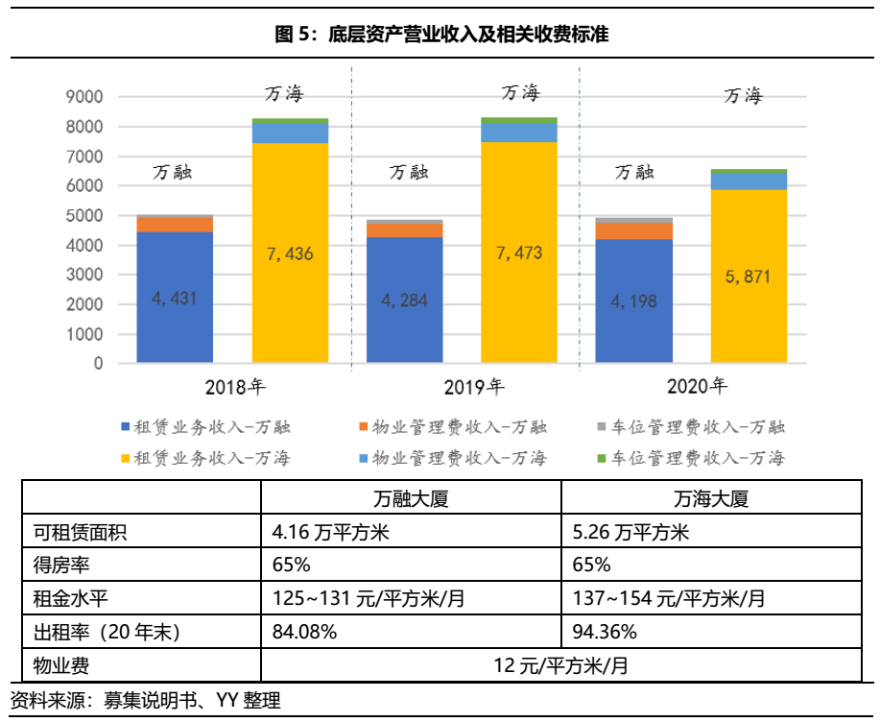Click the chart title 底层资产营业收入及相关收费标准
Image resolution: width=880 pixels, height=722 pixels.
pyautogui.click(x=440, y=36)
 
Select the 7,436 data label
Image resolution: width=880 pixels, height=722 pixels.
pyautogui.click(x=290, y=254)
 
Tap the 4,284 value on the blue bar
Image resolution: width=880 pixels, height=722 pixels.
pyautogui.click(x=404, y=301)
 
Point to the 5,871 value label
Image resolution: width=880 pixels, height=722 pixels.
pyautogui.click(x=748, y=277)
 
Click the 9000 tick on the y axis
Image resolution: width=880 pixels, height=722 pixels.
pyautogui.click(x=84, y=97)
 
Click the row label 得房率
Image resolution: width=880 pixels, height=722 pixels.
pyautogui.click(x=60, y=566)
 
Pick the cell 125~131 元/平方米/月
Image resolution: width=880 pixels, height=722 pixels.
pyautogui.click(x=369, y=599)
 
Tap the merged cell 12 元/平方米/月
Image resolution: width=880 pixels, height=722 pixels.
pyautogui.click(x=560, y=664)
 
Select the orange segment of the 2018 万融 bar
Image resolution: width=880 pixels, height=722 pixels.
pyautogui.click(x=175, y=225)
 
